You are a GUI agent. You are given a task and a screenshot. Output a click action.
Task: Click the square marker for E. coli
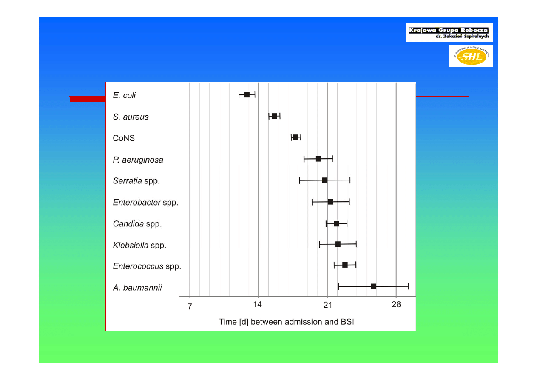[247, 94]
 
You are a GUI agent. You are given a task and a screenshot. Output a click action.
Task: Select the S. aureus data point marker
[274, 116]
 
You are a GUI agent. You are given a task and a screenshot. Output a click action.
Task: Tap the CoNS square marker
[295, 137]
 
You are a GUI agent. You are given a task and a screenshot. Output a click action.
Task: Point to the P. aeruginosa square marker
[318, 159]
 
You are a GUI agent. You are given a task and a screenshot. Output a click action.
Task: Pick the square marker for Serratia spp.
[325, 180]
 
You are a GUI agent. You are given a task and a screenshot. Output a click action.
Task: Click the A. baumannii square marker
[373, 286]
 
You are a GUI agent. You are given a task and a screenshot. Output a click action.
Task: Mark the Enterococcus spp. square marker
[345, 265]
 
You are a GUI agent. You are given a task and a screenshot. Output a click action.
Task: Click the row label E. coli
[124, 95]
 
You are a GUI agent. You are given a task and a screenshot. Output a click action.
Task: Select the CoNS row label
[124, 138]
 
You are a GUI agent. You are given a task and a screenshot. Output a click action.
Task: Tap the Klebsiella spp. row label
[139, 245]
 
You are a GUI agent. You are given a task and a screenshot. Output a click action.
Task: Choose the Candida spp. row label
[137, 224]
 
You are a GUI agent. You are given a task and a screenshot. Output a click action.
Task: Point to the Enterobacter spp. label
[145, 202]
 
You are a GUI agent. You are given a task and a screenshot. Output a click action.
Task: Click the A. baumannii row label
[137, 288]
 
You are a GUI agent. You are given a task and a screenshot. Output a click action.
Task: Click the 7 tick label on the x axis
[190, 306]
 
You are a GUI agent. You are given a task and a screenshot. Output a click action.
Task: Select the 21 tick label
[327, 305]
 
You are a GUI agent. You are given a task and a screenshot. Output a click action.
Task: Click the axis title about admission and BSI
[286, 322]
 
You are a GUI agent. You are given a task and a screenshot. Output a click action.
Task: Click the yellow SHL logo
[471, 56]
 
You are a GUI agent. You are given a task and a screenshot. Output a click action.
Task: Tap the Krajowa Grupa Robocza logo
[449, 32]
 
